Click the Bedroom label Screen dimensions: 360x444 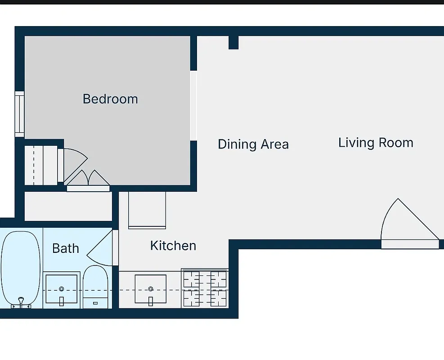pyautogui.click(x=110, y=99)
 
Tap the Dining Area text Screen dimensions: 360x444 pyautogui.click(x=253, y=144)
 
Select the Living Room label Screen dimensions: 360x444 pyautogui.click(x=376, y=143)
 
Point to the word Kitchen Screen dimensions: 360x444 pyautogui.click(x=173, y=246)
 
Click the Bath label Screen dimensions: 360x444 pyautogui.click(x=66, y=248)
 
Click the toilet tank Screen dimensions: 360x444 pyautogui.click(x=95, y=302)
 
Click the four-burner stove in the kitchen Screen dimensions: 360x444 pyautogui.click(x=205, y=288)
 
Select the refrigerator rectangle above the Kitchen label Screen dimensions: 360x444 pyautogui.click(x=147, y=210)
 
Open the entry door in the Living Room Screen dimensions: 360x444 pyautogui.click(x=407, y=225)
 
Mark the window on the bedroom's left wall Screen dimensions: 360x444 pyautogui.click(x=19, y=114)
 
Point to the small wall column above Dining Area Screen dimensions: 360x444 pyautogui.click(x=233, y=42)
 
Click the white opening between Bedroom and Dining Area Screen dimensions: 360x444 pyautogui.click(x=193, y=105)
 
